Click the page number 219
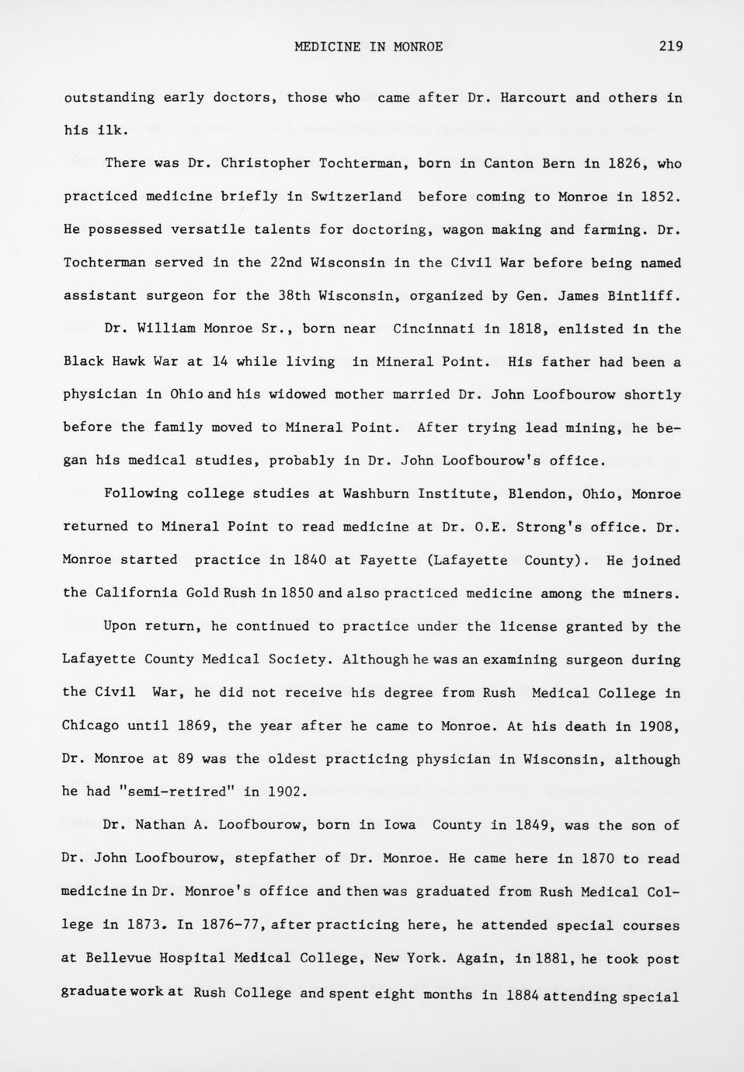[670, 47]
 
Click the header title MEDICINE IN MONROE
[369, 47]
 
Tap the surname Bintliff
[645, 296]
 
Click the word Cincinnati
[433, 329]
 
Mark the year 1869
[194, 726]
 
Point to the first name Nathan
[159, 826]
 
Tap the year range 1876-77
[231, 925]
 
